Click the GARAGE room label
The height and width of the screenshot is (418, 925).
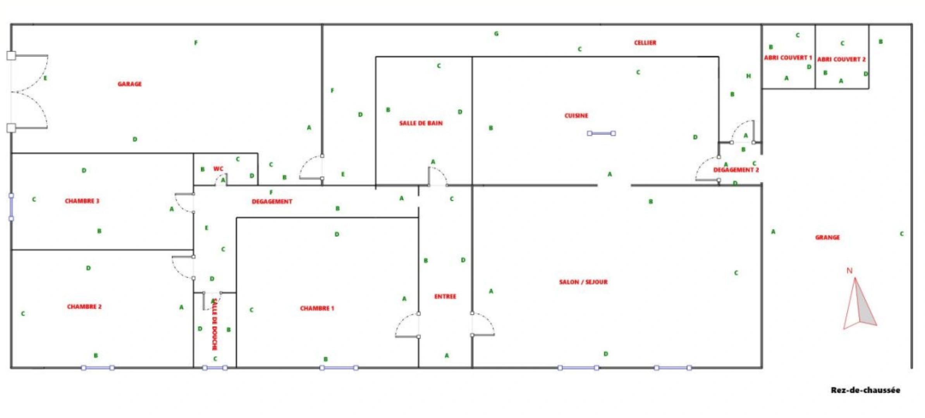pyautogui.click(x=130, y=84)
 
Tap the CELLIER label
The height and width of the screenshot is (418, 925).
pyautogui.click(x=645, y=43)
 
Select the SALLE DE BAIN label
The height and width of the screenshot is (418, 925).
pyautogui.click(x=421, y=123)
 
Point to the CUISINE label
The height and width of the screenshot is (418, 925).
pyautogui.click(x=576, y=116)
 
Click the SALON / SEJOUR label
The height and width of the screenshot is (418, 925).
pyautogui.click(x=583, y=282)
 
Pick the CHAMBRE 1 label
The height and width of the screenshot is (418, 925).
pyautogui.click(x=317, y=308)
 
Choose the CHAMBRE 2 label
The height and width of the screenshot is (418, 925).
pyautogui.click(x=84, y=307)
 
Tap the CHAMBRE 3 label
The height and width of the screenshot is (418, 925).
pyautogui.click(x=82, y=201)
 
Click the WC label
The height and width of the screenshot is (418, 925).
pyautogui.click(x=218, y=169)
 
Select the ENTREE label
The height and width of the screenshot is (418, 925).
pyautogui.click(x=445, y=296)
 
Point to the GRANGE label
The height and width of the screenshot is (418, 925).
pyautogui.click(x=827, y=238)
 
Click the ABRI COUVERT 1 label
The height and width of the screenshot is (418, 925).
pyautogui.click(x=788, y=58)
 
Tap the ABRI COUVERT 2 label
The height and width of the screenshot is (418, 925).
pyautogui.click(x=841, y=59)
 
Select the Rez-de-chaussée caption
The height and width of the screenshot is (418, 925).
pyautogui.click(x=865, y=390)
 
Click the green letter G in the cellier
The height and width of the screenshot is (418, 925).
pyautogui.click(x=496, y=34)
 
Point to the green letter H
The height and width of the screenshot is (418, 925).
pyautogui.click(x=748, y=76)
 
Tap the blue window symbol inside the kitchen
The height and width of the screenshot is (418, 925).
pyautogui.click(x=601, y=134)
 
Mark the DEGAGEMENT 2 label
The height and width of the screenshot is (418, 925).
pyautogui.click(x=736, y=170)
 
